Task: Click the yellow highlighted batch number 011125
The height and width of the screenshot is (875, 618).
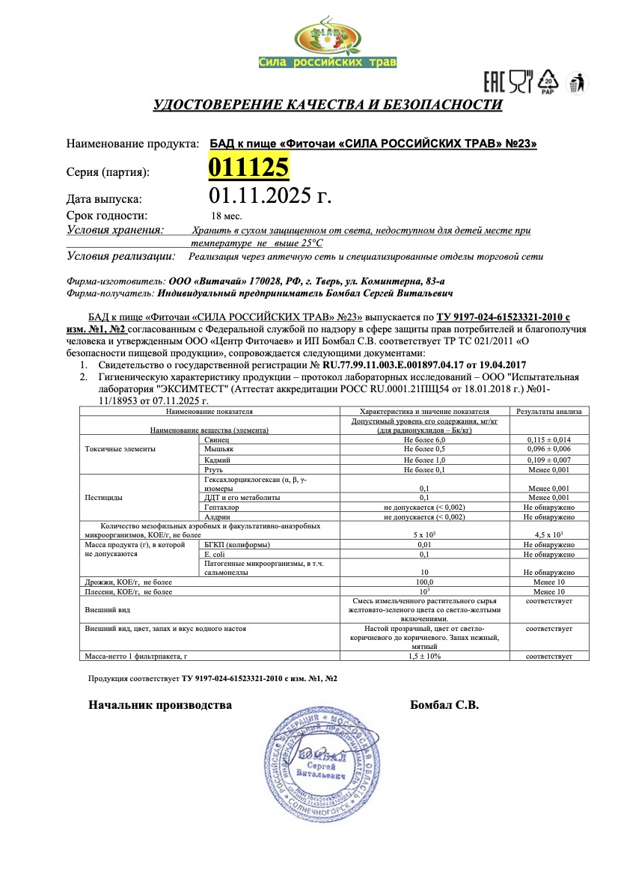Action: pyautogui.click(x=248, y=167)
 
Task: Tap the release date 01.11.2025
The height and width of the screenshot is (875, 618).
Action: pyautogui.click(x=269, y=197)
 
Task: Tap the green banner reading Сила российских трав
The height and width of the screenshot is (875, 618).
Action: pyautogui.click(x=327, y=62)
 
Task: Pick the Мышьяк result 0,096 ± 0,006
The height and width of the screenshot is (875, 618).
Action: pyautogui.click(x=548, y=449)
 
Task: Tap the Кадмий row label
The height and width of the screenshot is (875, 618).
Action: pyautogui.click(x=217, y=459)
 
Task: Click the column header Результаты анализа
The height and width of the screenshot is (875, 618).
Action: pyautogui.click(x=548, y=411)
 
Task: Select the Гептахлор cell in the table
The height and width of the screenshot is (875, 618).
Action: pyautogui.click(x=220, y=507)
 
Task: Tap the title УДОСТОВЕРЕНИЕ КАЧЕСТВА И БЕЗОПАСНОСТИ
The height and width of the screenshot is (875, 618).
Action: pyautogui.click(x=328, y=104)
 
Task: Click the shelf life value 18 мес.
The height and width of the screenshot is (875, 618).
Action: pyautogui.click(x=224, y=216)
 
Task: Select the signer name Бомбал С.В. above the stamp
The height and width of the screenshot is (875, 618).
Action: pyautogui.click(x=444, y=704)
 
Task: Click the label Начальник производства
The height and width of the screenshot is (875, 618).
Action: pyautogui.click(x=160, y=704)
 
